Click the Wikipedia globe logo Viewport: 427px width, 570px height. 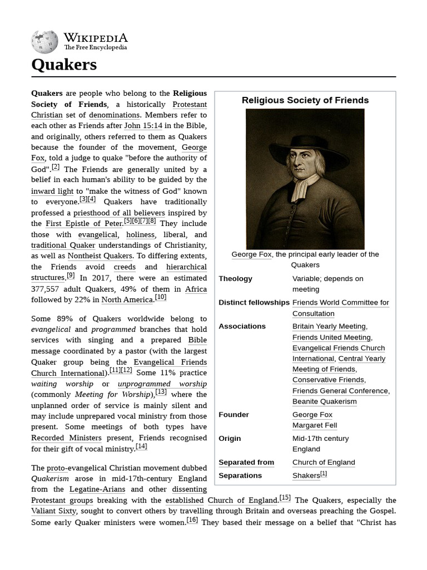44,41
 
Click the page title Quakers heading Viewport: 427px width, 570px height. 64,65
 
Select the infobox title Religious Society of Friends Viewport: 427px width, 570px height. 305,100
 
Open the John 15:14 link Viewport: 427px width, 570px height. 143,126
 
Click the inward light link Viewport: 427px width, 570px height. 52,191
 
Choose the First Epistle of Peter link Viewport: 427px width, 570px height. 83,223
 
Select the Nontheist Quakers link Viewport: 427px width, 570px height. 100,256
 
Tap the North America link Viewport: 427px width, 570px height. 127,299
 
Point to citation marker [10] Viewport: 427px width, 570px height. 161,297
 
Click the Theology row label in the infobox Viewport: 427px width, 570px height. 235,278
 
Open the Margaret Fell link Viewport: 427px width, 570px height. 315,425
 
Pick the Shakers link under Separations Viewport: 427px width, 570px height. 306,476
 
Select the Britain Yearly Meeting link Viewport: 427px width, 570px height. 329,326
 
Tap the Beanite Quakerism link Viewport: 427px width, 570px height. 325,401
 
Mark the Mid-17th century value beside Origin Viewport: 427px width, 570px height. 320,439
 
